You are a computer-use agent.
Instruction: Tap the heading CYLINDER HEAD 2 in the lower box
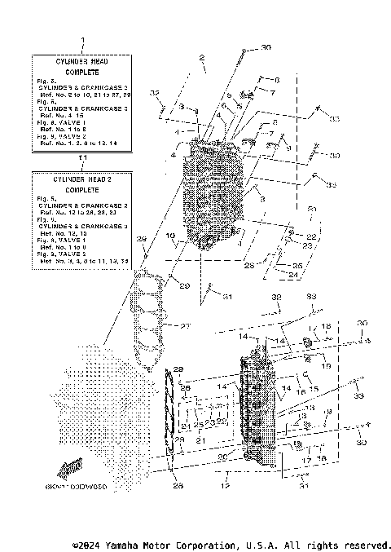[80, 178]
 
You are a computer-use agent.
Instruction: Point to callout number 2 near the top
[200, 57]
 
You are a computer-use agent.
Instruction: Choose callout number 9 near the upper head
[288, 148]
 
